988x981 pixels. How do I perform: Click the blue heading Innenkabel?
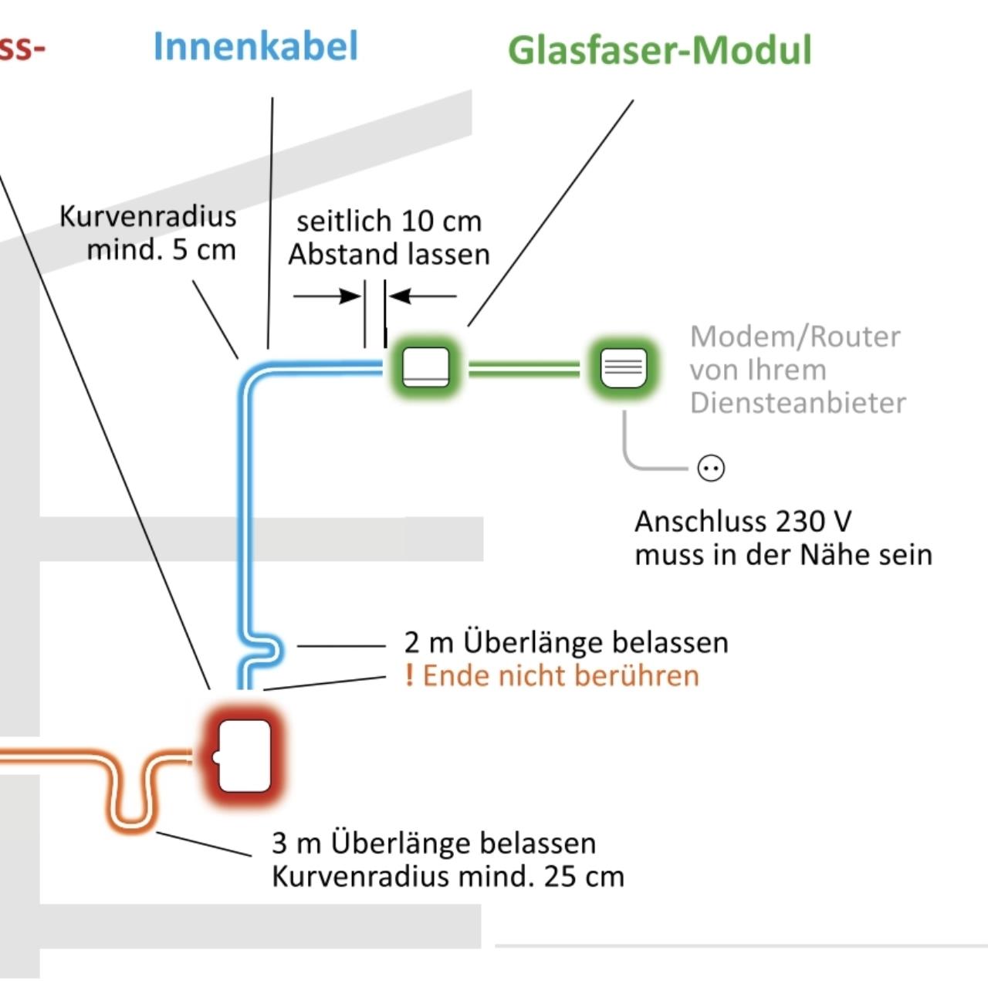coord(255,46)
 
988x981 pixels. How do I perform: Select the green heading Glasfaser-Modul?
coord(659,49)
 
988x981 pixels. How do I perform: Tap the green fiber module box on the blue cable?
coord(425,367)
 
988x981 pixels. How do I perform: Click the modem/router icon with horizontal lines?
coord(624,367)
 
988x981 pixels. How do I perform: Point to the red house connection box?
coord(244,756)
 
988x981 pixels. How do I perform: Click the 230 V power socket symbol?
coord(711,469)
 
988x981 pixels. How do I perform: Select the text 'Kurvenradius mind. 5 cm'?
coord(147,233)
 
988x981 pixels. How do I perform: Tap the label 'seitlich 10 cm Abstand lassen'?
coord(389,238)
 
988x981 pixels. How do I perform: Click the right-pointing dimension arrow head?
coord(351,296)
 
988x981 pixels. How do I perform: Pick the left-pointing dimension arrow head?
coord(399,296)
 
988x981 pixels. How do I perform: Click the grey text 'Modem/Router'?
coord(795,337)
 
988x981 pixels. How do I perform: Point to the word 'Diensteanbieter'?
coord(798,403)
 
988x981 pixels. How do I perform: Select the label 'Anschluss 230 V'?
coord(743,522)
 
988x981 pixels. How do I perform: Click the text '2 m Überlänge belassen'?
coord(566,642)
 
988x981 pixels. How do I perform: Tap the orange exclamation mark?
coord(409,675)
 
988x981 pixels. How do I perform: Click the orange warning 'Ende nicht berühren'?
coord(561,675)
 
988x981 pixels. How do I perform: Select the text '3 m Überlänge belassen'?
coord(434,844)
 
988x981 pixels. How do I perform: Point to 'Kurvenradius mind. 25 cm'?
coord(448,877)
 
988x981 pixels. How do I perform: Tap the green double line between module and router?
coord(524,369)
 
